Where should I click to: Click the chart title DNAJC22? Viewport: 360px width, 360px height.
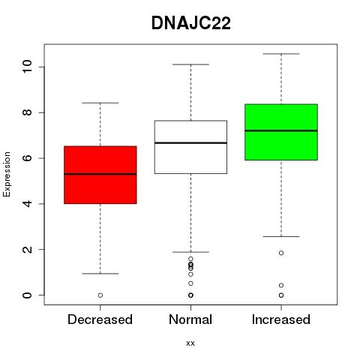(x=191, y=23)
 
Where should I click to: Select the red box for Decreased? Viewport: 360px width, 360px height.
(x=100, y=175)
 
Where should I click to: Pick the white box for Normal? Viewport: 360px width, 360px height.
(x=190, y=147)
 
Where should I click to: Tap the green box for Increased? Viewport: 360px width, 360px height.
(x=281, y=132)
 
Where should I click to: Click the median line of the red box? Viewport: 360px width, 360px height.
(x=100, y=174)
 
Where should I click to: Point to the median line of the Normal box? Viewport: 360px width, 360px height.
(x=190, y=143)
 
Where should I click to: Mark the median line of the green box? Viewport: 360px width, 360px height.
(x=281, y=130)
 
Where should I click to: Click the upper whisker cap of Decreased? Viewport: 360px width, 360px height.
(x=100, y=103)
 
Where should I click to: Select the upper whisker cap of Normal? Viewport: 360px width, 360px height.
(x=190, y=64)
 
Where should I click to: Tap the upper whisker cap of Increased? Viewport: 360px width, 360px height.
(x=281, y=54)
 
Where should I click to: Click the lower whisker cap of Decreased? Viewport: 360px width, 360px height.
(x=100, y=274)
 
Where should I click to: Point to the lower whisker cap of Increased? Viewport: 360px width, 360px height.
(x=281, y=236)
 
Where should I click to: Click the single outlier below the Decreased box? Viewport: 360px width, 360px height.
(x=100, y=295)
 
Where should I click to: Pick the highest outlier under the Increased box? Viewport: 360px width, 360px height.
(x=281, y=253)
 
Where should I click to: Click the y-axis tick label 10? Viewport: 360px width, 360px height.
(x=28, y=67)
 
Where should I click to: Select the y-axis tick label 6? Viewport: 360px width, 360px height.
(x=28, y=158)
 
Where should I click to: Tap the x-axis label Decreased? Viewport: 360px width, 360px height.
(x=100, y=319)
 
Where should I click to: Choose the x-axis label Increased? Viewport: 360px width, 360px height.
(x=281, y=319)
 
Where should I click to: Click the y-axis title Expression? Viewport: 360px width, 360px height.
(x=7, y=174)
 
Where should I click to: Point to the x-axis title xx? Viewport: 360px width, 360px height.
(x=190, y=343)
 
